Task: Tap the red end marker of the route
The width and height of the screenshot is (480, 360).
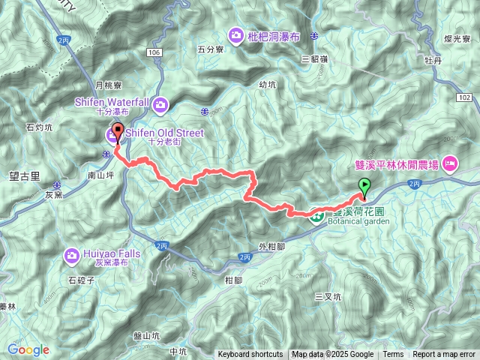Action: tap(118, 132)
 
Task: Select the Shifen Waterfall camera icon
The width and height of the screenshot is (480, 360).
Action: tap(161, 104)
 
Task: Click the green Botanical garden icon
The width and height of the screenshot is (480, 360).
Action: tap(317, 217)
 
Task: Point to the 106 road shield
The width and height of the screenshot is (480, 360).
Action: tap(154, 52)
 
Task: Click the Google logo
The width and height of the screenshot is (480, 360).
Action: tap(28, 349)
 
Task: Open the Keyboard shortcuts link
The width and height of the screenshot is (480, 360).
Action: tap(250, 355)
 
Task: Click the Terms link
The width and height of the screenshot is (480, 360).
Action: tap(393, 355)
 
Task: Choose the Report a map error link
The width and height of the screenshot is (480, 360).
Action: tap(444, 355)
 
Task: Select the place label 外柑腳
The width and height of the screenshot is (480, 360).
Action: tap(270, 245)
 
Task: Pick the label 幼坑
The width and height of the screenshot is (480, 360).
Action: tap(267, 85)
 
